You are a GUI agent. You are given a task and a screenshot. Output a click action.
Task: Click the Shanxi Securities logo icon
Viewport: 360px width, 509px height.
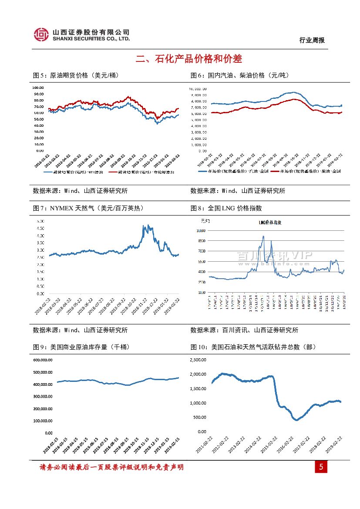tap(41, 34)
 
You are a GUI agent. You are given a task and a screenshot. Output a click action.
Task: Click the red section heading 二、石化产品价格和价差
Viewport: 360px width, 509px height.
tap(189, 59)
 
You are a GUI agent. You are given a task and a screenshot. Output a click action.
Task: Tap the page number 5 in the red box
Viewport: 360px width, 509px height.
tap(321, 468)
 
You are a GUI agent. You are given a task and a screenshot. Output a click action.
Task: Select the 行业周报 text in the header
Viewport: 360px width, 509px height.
tap(312, 40)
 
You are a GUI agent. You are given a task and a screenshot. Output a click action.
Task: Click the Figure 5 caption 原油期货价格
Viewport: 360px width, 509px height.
tap(76, 75)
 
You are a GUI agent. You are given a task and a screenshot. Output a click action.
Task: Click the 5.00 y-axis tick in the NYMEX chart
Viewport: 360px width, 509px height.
tap(40, 221)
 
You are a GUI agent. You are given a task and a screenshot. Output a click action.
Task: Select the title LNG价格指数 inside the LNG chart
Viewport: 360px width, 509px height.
tap(270, 222)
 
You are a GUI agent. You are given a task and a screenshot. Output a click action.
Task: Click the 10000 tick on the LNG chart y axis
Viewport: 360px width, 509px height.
tap(201, 230)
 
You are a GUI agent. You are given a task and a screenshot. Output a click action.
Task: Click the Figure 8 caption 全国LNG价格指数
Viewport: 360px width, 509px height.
tap(226, 209)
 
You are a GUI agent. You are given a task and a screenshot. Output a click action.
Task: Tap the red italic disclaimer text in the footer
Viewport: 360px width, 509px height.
tap(111, 467)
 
